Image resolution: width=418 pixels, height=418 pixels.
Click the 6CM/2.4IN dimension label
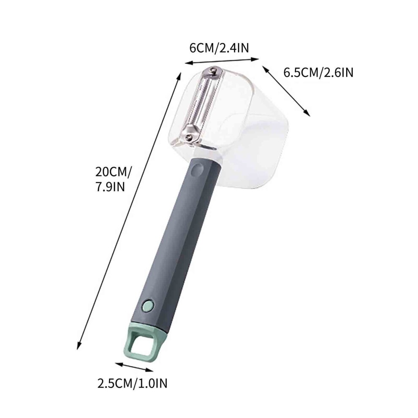click(x=219, y=48)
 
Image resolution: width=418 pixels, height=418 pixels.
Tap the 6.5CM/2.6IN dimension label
click(x=318, y=73)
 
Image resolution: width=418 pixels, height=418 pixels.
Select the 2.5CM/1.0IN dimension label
click(x=132, y=383)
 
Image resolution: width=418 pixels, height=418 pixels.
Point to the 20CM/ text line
click(x=114, y=172)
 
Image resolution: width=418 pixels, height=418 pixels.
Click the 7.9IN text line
click(x=110, y=187)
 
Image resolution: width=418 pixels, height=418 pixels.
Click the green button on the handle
click(x=148, y=306)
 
